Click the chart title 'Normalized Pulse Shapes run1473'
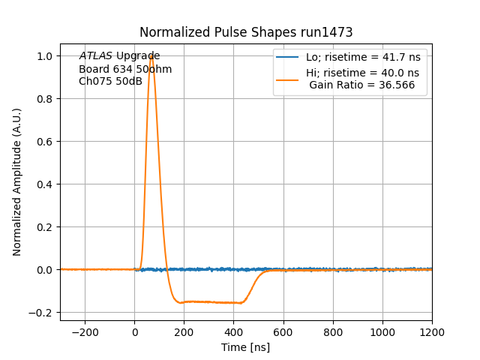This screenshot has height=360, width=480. tap(246, 32)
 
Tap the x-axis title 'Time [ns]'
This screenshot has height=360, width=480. tap(245, 347)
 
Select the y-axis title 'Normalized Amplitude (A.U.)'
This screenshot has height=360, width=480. tap(17, 182)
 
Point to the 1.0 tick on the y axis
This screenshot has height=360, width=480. tap(46, 56)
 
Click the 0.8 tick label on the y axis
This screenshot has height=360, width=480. tap(46, 99)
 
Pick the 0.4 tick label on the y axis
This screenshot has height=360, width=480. tap(46, 184)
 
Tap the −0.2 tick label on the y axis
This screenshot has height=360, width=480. tap(43, 313)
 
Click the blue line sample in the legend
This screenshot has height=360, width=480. tap(287, 57)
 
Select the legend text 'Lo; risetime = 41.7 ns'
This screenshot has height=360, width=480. tap(362, 57)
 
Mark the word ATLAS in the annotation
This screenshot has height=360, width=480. tap(95, 56)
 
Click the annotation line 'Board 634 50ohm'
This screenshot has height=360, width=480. tap(125, 69)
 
